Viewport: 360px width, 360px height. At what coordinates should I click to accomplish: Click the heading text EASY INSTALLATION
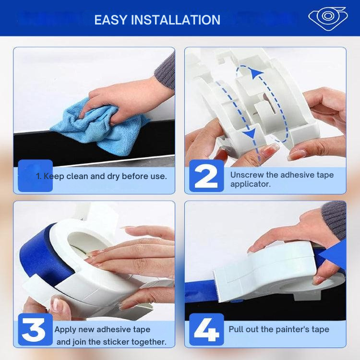pyautogui.click(x=157, y=20)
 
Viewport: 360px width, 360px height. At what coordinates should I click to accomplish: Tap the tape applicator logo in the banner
pyautogui.click(x=328, y=18)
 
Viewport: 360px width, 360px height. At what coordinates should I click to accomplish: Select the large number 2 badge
pyautogui.click(x=206, y=176)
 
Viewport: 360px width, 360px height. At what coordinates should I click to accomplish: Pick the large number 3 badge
pyautogui.click(x=36, y=329)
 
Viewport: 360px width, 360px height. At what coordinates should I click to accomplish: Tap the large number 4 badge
pyautogui.click(x=206, y=329)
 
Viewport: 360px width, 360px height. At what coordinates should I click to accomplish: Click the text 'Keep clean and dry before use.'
pyautogui.click(x=105, y=176)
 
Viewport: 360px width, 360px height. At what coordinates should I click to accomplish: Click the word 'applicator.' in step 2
pyautogui.click(x=251, y=184)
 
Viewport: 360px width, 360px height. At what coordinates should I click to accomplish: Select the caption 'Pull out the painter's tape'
pyautogui.click(x=279, y=329)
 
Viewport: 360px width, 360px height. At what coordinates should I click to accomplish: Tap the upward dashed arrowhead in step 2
pyautogui.click(x=256, y=73)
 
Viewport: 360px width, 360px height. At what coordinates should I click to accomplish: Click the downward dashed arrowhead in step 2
pyautogui.click(x=250, y=133)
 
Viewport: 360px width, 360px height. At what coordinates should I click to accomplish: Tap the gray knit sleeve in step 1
pyautogui.click(x=166, y=71)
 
